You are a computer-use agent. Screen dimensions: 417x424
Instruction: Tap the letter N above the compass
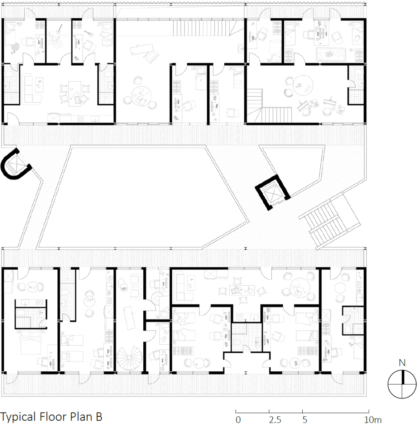(x=402, y=363)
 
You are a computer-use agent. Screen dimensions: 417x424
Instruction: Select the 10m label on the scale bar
(x=372, y=419)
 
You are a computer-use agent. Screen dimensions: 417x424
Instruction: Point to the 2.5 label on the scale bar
(x=275, y=419)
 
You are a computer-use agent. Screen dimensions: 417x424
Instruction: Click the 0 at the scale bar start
(x=238, y=419)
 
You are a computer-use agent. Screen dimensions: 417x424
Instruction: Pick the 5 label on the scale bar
(x=305, y=419)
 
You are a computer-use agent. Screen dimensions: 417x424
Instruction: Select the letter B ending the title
(x=99, y=417)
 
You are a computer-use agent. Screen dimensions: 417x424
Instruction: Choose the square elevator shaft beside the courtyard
(x=273, y=192)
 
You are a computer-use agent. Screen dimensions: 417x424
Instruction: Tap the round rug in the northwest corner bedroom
(x=15, y=48)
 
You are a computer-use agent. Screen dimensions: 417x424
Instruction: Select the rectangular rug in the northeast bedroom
(x=331, y=54)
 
